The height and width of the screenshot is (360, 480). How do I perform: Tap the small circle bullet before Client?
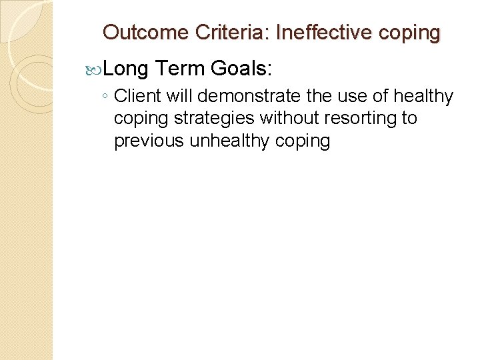105,97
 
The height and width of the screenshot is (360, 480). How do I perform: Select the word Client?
138,97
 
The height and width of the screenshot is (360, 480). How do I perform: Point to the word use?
347,97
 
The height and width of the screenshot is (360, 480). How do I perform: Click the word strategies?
215,119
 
